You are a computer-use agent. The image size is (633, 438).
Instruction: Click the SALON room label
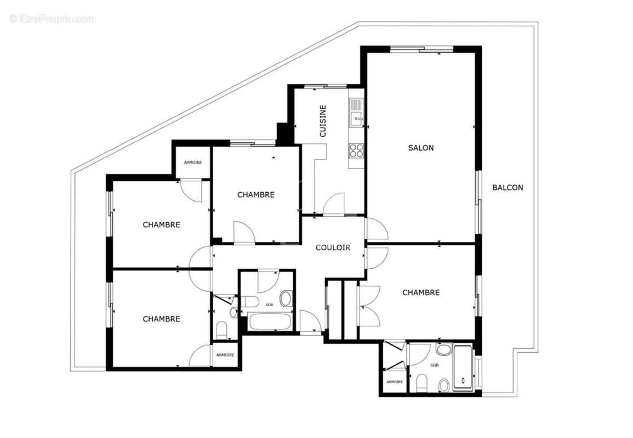(420, 148)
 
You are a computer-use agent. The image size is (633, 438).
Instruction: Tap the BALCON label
(507, 187)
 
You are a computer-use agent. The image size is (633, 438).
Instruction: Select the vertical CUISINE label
(323, 121)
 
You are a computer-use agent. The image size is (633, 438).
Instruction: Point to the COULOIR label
(333, 248)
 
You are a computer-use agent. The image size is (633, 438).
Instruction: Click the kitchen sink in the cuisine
(356, 113)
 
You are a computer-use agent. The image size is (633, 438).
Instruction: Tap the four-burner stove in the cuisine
(356, 150)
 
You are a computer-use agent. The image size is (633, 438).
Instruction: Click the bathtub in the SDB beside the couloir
(270, 321)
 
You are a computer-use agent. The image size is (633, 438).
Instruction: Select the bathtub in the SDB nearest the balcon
(463, 367)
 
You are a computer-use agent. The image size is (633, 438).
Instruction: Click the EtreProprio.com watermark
(52, 19)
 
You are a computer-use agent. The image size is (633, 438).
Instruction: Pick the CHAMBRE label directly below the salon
(421, 293)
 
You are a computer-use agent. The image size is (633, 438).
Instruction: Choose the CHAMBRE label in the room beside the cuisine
(255, 195)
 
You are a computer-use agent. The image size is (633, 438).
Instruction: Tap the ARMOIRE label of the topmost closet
(192, 163)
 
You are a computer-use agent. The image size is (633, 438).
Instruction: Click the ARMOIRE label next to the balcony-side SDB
(395, 382)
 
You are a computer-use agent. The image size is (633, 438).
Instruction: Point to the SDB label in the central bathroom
(270, 304)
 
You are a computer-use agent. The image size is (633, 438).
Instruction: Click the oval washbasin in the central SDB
(286, 299)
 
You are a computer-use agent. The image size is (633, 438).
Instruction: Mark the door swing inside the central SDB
(269, 281)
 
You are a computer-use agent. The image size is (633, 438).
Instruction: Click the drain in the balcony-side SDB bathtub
(463, 380)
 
